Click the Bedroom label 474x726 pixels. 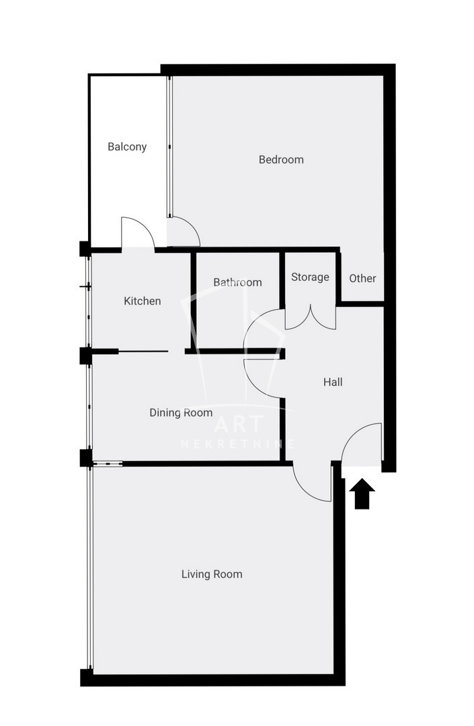(x=281, y=160)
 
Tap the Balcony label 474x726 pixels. (x=127, y=147)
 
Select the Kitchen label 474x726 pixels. (x=142, y=301)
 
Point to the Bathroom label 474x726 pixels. (x=237, y=282)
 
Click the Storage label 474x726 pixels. (x=310, y=277)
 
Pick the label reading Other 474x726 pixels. (x=362, y=278)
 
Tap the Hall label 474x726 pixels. (x=333, y=382)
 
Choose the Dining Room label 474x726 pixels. (x=181, y=413)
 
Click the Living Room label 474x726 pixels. (x=212, y=574)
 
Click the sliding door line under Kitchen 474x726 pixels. (x=143, y=352)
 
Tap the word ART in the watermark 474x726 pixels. (x=239, y=424)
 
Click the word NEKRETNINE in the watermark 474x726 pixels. (x=237, y=444)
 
